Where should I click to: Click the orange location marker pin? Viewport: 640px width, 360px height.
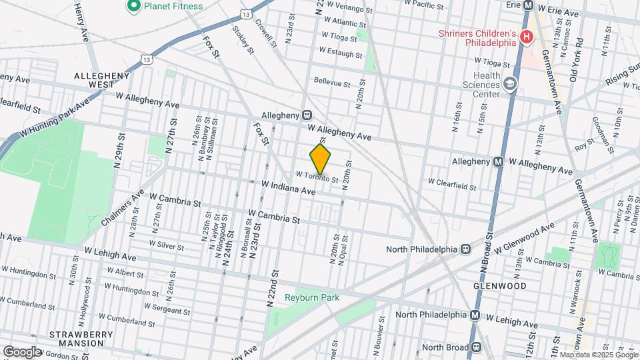[321, 159]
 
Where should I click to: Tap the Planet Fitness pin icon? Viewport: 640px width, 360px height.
[133, 6]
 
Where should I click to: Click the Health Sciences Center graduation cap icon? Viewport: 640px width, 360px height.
[511, 84]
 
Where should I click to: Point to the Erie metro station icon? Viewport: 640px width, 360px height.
[529, 5]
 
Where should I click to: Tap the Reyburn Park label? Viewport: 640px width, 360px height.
[312, 297]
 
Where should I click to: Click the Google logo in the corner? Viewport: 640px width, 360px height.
[21, 351]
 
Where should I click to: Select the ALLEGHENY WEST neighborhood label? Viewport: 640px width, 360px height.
[102, 81]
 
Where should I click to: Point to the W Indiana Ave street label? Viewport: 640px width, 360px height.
[288, 187]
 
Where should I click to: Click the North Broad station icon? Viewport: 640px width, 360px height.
[476, 347]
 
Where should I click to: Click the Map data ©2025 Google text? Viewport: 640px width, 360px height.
[598, 355]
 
